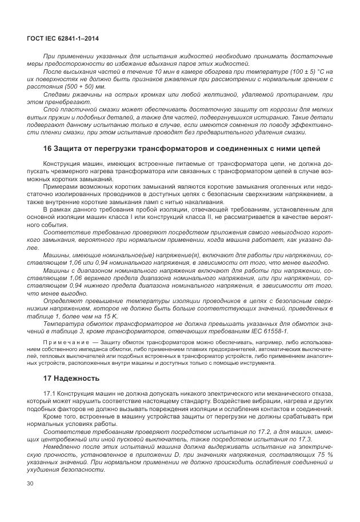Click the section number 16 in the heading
48,149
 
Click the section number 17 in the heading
48,378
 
